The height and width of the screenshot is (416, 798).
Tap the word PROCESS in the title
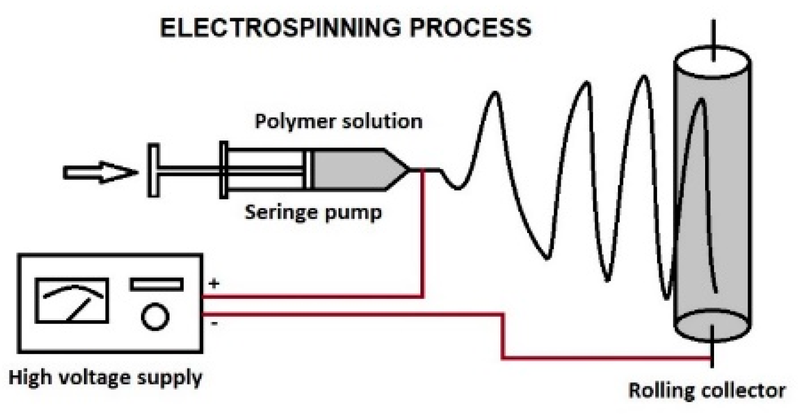coord(472,29)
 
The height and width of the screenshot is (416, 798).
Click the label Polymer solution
coord(339,121)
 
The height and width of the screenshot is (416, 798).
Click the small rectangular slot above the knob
coord(156,284)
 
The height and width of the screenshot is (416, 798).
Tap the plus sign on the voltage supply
coord(213,283)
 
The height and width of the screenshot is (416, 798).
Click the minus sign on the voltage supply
coord(213,324)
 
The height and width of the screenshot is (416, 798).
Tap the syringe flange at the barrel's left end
coord(224,170)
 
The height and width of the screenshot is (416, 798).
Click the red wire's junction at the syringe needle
coord(423,170)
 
